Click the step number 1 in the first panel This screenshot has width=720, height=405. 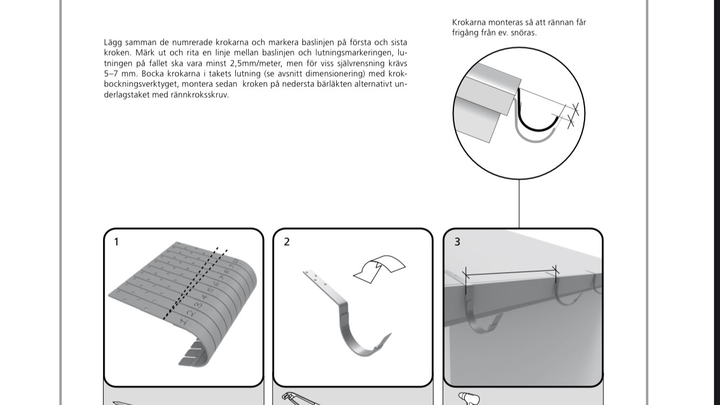pyautogui.click(x=116, y=242)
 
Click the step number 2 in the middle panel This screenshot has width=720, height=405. pyautogui.click(x=287, y=242)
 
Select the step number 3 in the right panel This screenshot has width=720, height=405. pyautogui.click(x=457, y=242)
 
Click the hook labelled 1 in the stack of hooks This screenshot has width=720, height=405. pyautogui.click(x=182, y=322)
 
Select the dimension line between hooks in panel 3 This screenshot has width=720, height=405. pyautogui.click(x=511, y=273)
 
